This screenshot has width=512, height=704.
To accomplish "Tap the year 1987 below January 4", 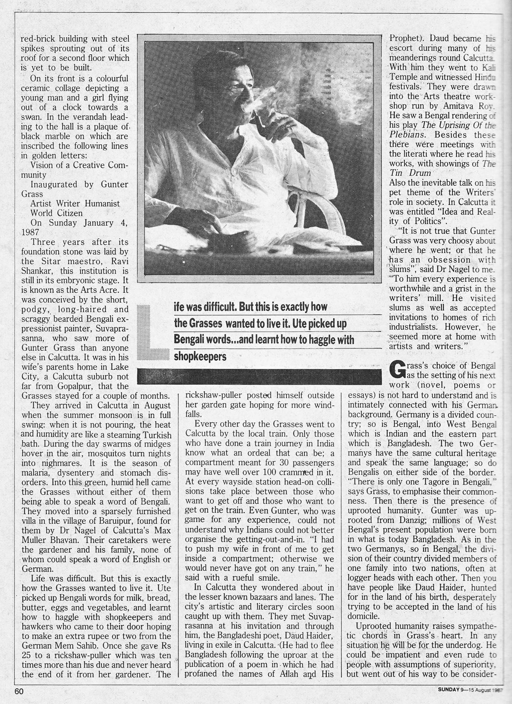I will point(29,233).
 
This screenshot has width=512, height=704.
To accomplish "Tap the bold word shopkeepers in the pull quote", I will point(200,356).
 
